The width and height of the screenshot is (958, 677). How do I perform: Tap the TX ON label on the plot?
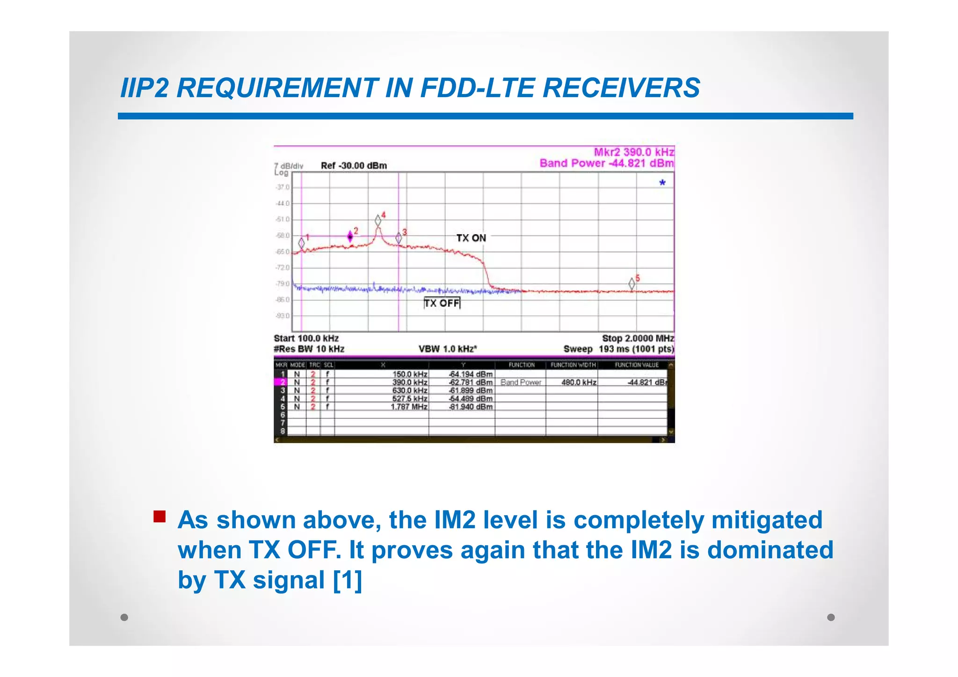point(471,238)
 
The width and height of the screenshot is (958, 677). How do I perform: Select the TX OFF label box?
point(442,303)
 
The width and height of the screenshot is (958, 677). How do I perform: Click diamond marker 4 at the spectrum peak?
point(378,221)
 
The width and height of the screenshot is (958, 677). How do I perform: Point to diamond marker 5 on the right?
point(632,283)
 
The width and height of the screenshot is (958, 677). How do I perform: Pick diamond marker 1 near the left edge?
point(302,243)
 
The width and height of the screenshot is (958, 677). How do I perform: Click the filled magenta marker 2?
point(350,237)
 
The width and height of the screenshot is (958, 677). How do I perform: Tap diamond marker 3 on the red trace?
point(399,238)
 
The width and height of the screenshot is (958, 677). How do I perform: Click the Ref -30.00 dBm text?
point(354,166)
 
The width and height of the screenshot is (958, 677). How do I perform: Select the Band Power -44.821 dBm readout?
point(606,163)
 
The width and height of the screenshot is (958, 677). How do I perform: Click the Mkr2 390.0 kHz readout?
point(634,152)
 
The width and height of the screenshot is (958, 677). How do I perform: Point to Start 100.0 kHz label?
point(306,338)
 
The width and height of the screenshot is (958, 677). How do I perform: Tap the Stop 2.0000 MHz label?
point(638,338)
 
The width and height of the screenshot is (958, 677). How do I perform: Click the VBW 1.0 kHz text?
point(447,349)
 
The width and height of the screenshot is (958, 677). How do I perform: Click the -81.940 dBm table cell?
point(471,407)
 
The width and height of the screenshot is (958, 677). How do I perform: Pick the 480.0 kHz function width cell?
point(579,382)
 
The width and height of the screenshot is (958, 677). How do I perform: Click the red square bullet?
point(160,516)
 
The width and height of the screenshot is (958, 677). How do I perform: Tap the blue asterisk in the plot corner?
point(662,183)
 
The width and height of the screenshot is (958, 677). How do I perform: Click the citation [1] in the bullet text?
point(348,580)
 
